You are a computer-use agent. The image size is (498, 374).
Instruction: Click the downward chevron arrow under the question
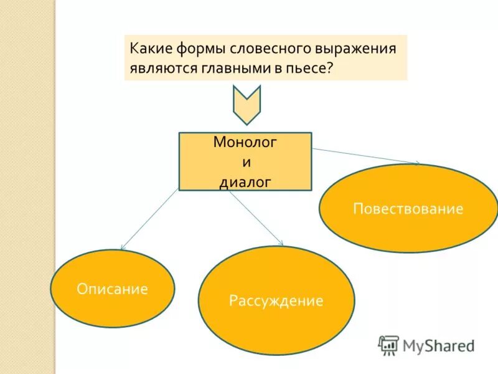click(247, 104)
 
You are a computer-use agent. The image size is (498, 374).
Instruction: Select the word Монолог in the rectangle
click(245, 142)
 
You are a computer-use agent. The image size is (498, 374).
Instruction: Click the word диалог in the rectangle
click(245, 183)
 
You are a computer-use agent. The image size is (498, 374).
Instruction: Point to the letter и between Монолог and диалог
click(245, 162)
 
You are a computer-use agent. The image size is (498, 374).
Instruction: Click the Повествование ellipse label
click(408, 208)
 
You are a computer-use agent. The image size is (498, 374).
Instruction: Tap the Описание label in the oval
click(112, 289)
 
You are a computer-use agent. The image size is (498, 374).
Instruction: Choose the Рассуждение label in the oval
click(276, 302)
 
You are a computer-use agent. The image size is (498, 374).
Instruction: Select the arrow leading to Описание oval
click(149, 219)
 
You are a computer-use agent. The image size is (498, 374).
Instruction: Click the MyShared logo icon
click(389, 345)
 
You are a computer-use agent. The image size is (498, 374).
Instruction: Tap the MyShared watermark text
click(439, 345)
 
